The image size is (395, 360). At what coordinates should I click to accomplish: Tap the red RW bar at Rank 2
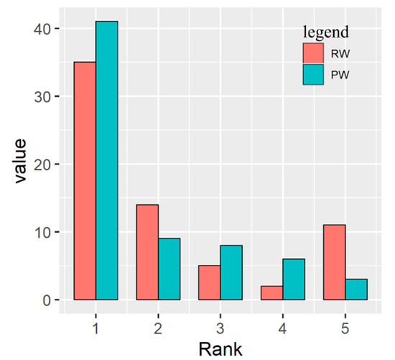click(147, 252)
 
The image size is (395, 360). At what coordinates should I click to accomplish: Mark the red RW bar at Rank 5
click(335, 262)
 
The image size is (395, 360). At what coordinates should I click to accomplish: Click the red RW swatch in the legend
click(313, 54)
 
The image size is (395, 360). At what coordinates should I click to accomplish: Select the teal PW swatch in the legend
click(313, 75)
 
